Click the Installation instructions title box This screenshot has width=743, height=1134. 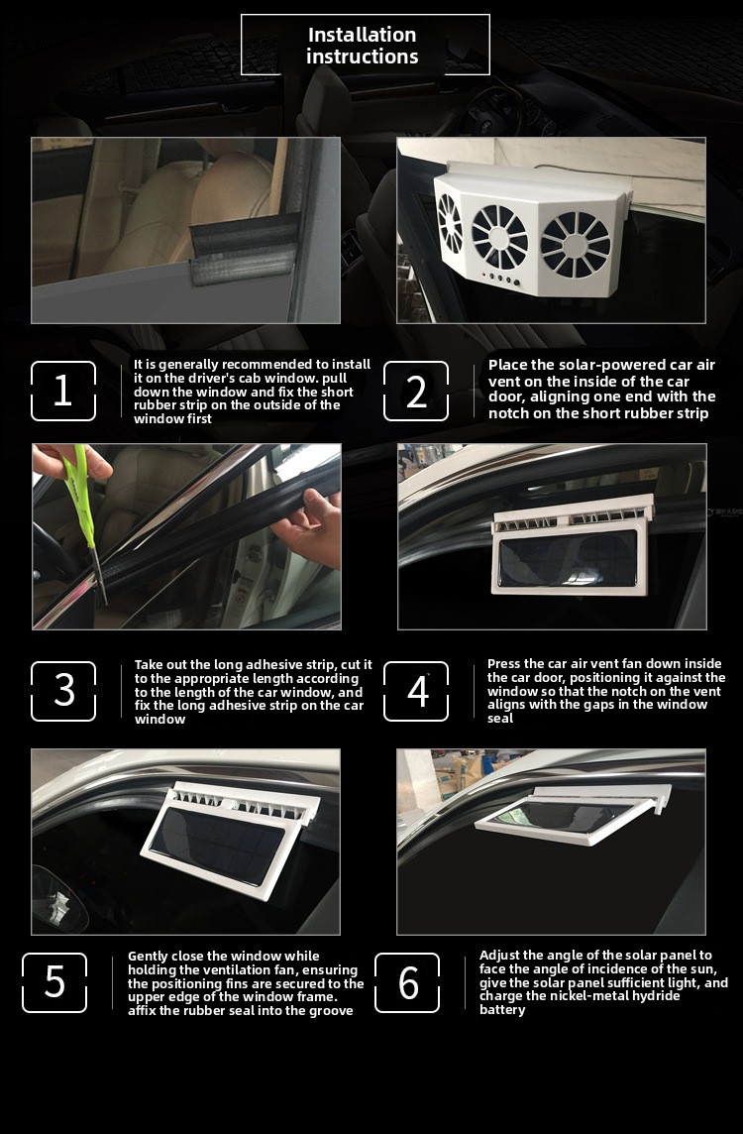pos(365,45)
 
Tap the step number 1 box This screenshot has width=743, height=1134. pos(63,392)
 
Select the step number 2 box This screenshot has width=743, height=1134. pos(416,392)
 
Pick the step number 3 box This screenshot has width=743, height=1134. pos(63,691)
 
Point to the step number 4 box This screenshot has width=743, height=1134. pos(416,691)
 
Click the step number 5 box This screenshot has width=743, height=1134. pos(54,983)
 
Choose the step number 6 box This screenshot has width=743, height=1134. pos(407,983)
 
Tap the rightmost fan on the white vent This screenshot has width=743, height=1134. pos(576,245)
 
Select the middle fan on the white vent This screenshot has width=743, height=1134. pos(499,237)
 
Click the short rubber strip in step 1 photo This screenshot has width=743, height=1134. pos(245,250)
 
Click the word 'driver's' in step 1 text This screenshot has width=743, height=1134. pos(220,379)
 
